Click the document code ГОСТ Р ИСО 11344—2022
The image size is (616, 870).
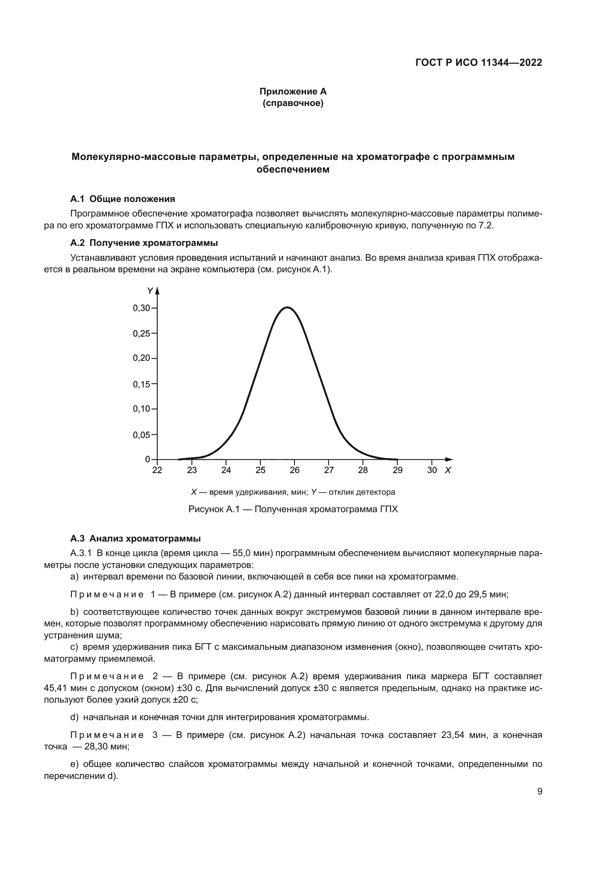point(479,62)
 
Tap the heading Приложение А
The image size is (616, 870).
point(293,92)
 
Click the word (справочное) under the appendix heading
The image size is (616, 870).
point(293,103)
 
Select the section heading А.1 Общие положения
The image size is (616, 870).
point(123,199)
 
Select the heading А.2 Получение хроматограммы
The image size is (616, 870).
point(144,243)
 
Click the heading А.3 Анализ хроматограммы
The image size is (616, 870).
point(136,539)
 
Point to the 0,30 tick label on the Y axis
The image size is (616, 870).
point(141,308)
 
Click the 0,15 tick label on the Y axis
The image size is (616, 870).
point(141,384)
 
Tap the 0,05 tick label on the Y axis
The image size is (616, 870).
point(141,435)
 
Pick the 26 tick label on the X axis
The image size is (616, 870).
point(294,470)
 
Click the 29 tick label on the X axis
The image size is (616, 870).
point(397,470)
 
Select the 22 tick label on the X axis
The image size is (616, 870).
point(157,470)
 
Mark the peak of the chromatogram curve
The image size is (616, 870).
point(287,307)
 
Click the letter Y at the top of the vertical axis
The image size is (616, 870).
point(150,291)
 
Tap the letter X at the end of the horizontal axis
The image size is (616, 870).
point(448,470)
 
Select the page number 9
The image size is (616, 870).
point(540,792)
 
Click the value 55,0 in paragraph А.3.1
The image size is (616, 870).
point(242,553)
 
